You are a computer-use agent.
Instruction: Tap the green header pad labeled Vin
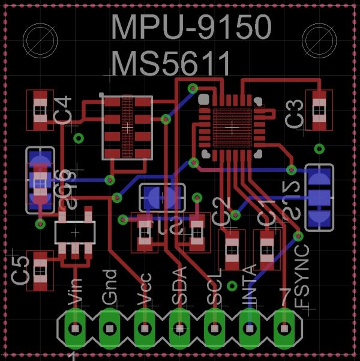pyautogui.click(x=75, y=328)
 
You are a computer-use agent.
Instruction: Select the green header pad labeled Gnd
pyautogui.click(x=110, y=328)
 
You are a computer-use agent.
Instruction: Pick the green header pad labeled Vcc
pyautogui.click(x=145, y=328)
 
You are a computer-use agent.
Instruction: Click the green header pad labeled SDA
pyautogui.click(x=179, y=328)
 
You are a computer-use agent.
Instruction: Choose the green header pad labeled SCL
pyautogui.click(x=214, y=328)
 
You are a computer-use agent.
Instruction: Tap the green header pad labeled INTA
pyautogui.click(x=248, y=328)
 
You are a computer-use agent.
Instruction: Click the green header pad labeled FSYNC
pyautogui.click(x=283, y=328)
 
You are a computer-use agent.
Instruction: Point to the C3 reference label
pyautogui.click(x=295, y=114)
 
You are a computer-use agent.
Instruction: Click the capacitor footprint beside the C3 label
pyautogui.click(x=319, y=110)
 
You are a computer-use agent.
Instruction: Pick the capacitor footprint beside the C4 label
pyautogui.click(x=40, y=110)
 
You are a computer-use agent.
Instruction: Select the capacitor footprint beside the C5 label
pyautogui.click(x=40, y=270)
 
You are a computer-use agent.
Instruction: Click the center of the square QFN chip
pyautogui.click(x=232, y=127)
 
